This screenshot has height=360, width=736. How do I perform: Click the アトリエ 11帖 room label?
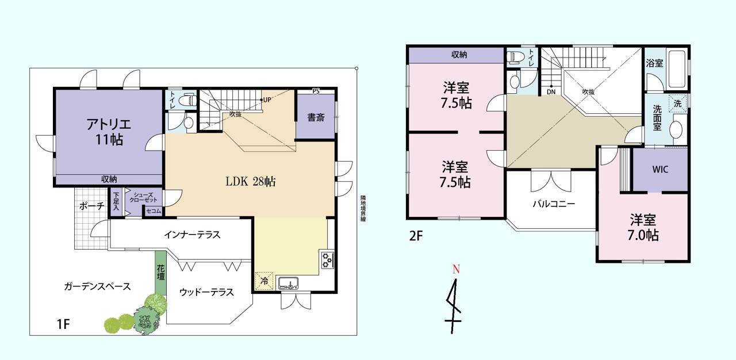pos(109,132)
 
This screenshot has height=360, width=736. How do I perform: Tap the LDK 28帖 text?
pos(250,181)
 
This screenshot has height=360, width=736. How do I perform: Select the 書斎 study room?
pos(316,117)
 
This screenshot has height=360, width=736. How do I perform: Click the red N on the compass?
pos(456,269)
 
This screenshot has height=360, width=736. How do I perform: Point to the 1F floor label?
pos(63,324)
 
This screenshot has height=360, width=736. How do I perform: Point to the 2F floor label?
pos(416,236)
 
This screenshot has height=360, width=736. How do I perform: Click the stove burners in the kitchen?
pos(327,260)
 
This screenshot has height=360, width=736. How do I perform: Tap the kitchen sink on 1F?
pos(288,283)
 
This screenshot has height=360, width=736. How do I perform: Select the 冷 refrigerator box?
pos(264,281)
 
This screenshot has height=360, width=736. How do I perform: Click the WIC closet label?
pos(660,170)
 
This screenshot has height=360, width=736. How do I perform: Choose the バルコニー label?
pos(554,204)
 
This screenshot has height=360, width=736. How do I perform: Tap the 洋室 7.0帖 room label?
pos(643,228)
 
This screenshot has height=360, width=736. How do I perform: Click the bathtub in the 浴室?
pos(677,69)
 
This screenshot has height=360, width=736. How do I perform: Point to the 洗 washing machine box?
pos(678,104)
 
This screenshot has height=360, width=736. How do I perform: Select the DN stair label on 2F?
pos(551,92)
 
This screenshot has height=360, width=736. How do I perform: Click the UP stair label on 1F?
pos(267,99)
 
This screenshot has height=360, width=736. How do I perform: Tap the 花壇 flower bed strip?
pos(160,273)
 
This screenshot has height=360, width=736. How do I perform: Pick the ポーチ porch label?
pos(92,206)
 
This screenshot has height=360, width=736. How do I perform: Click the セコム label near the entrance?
pos(154,211)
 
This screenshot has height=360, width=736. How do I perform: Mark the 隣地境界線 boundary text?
pos(363,209)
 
